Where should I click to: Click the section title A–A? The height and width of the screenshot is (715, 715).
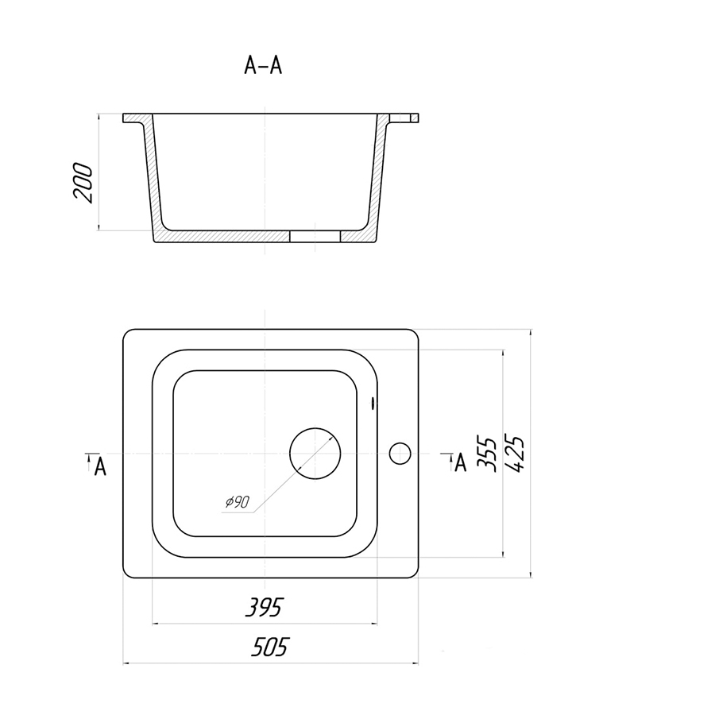263,65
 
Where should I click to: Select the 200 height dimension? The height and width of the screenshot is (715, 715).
83,183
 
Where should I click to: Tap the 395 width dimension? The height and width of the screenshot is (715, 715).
265,607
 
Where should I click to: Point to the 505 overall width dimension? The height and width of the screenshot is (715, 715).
270,647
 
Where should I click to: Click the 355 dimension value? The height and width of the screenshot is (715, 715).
486,454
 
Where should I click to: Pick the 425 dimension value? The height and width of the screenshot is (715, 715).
515,454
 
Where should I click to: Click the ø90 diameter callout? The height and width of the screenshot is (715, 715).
238,501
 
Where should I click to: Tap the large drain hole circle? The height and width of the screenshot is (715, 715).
315,454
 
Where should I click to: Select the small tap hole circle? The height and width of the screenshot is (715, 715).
400,454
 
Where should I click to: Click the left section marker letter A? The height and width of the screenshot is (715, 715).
100,466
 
